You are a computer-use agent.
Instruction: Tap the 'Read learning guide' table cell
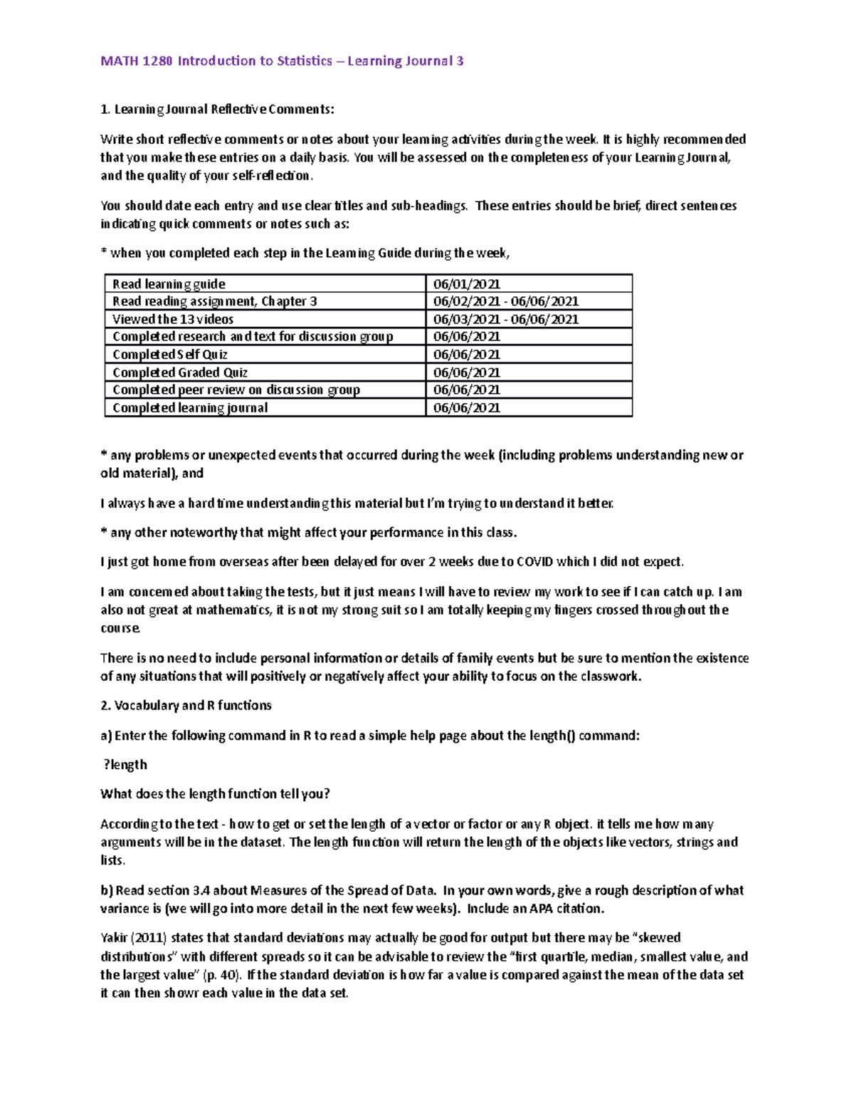point(169,284)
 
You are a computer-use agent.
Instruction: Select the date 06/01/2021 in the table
point(467,284)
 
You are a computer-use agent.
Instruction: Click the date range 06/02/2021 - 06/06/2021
point(505,301)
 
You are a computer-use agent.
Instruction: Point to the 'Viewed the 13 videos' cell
point(173,319)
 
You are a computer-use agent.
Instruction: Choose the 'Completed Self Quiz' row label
point(170,355)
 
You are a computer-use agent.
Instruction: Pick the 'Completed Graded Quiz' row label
point(180,372)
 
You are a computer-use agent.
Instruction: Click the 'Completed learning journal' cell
point(190,408)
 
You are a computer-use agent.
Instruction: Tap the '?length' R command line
point(125,765)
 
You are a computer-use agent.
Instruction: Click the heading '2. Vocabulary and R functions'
point(186,706)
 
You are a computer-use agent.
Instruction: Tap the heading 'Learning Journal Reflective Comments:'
point(223,110)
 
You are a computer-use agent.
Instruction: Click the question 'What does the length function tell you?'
point(215,794)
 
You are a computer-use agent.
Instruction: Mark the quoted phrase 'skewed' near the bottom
point(658,938)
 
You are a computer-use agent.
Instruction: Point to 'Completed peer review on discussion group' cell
point(236,390)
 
